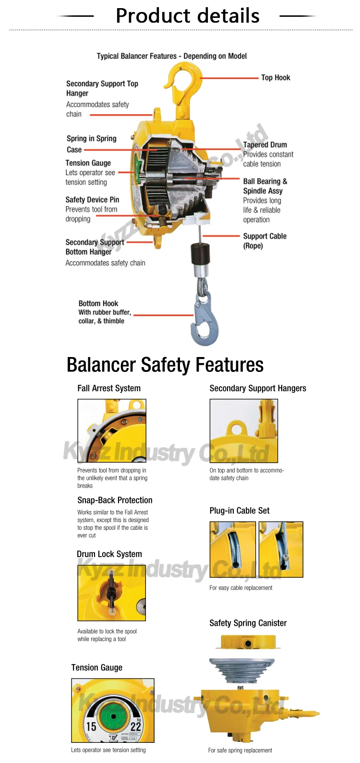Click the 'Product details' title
(x=187, y=16)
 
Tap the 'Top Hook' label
(x=276, y=78)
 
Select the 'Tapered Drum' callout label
(x=265, y=144)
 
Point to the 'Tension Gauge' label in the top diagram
(x=88, y=163)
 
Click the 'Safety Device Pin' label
(x=92, y=200)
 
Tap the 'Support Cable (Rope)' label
(x=264, y=240)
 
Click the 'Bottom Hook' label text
(x=98, y=303)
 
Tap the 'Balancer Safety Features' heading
(x=165, y=365)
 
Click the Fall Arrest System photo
(x=112, y=431)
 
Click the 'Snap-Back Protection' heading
(x=115, y=500)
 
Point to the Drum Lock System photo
(x=111, y=593)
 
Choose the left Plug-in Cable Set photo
(x=233, y=549)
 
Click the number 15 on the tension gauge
(x=91, y=727)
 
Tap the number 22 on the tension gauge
(x=136, y=727)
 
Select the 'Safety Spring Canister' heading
(x=248, y=623)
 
